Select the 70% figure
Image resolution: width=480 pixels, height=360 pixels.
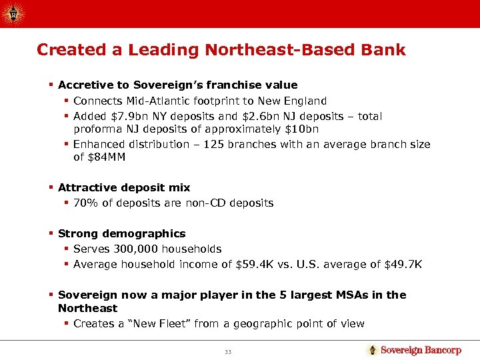(x=85, y=203)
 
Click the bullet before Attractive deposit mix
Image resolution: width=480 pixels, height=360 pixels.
(x=51, y=187)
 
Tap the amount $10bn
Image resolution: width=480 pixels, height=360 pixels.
(x=303, y=129)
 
